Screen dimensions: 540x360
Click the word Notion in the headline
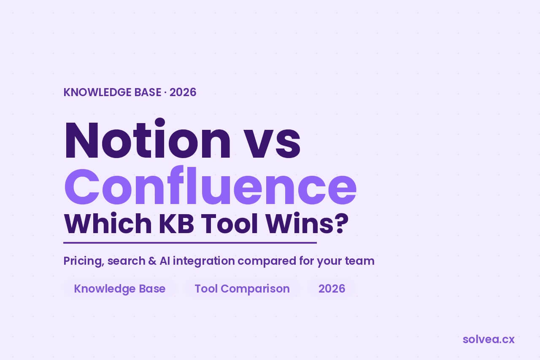point(148,138)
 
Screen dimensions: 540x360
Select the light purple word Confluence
point(210,185)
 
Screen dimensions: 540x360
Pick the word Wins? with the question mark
point(307,223)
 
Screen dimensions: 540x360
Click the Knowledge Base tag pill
point(120,289)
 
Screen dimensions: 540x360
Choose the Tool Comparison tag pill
point(242,289)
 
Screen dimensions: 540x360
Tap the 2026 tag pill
point(332,289)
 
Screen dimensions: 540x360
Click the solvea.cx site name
point(489,339)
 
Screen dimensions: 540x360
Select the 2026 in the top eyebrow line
point(183,92)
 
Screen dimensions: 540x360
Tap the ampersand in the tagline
point(152,261)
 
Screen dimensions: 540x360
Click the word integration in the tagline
point(204,261)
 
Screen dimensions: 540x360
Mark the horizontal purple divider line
point(190,243)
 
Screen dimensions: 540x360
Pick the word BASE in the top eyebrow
point(148,92)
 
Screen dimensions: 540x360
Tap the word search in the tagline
point(126,261)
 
